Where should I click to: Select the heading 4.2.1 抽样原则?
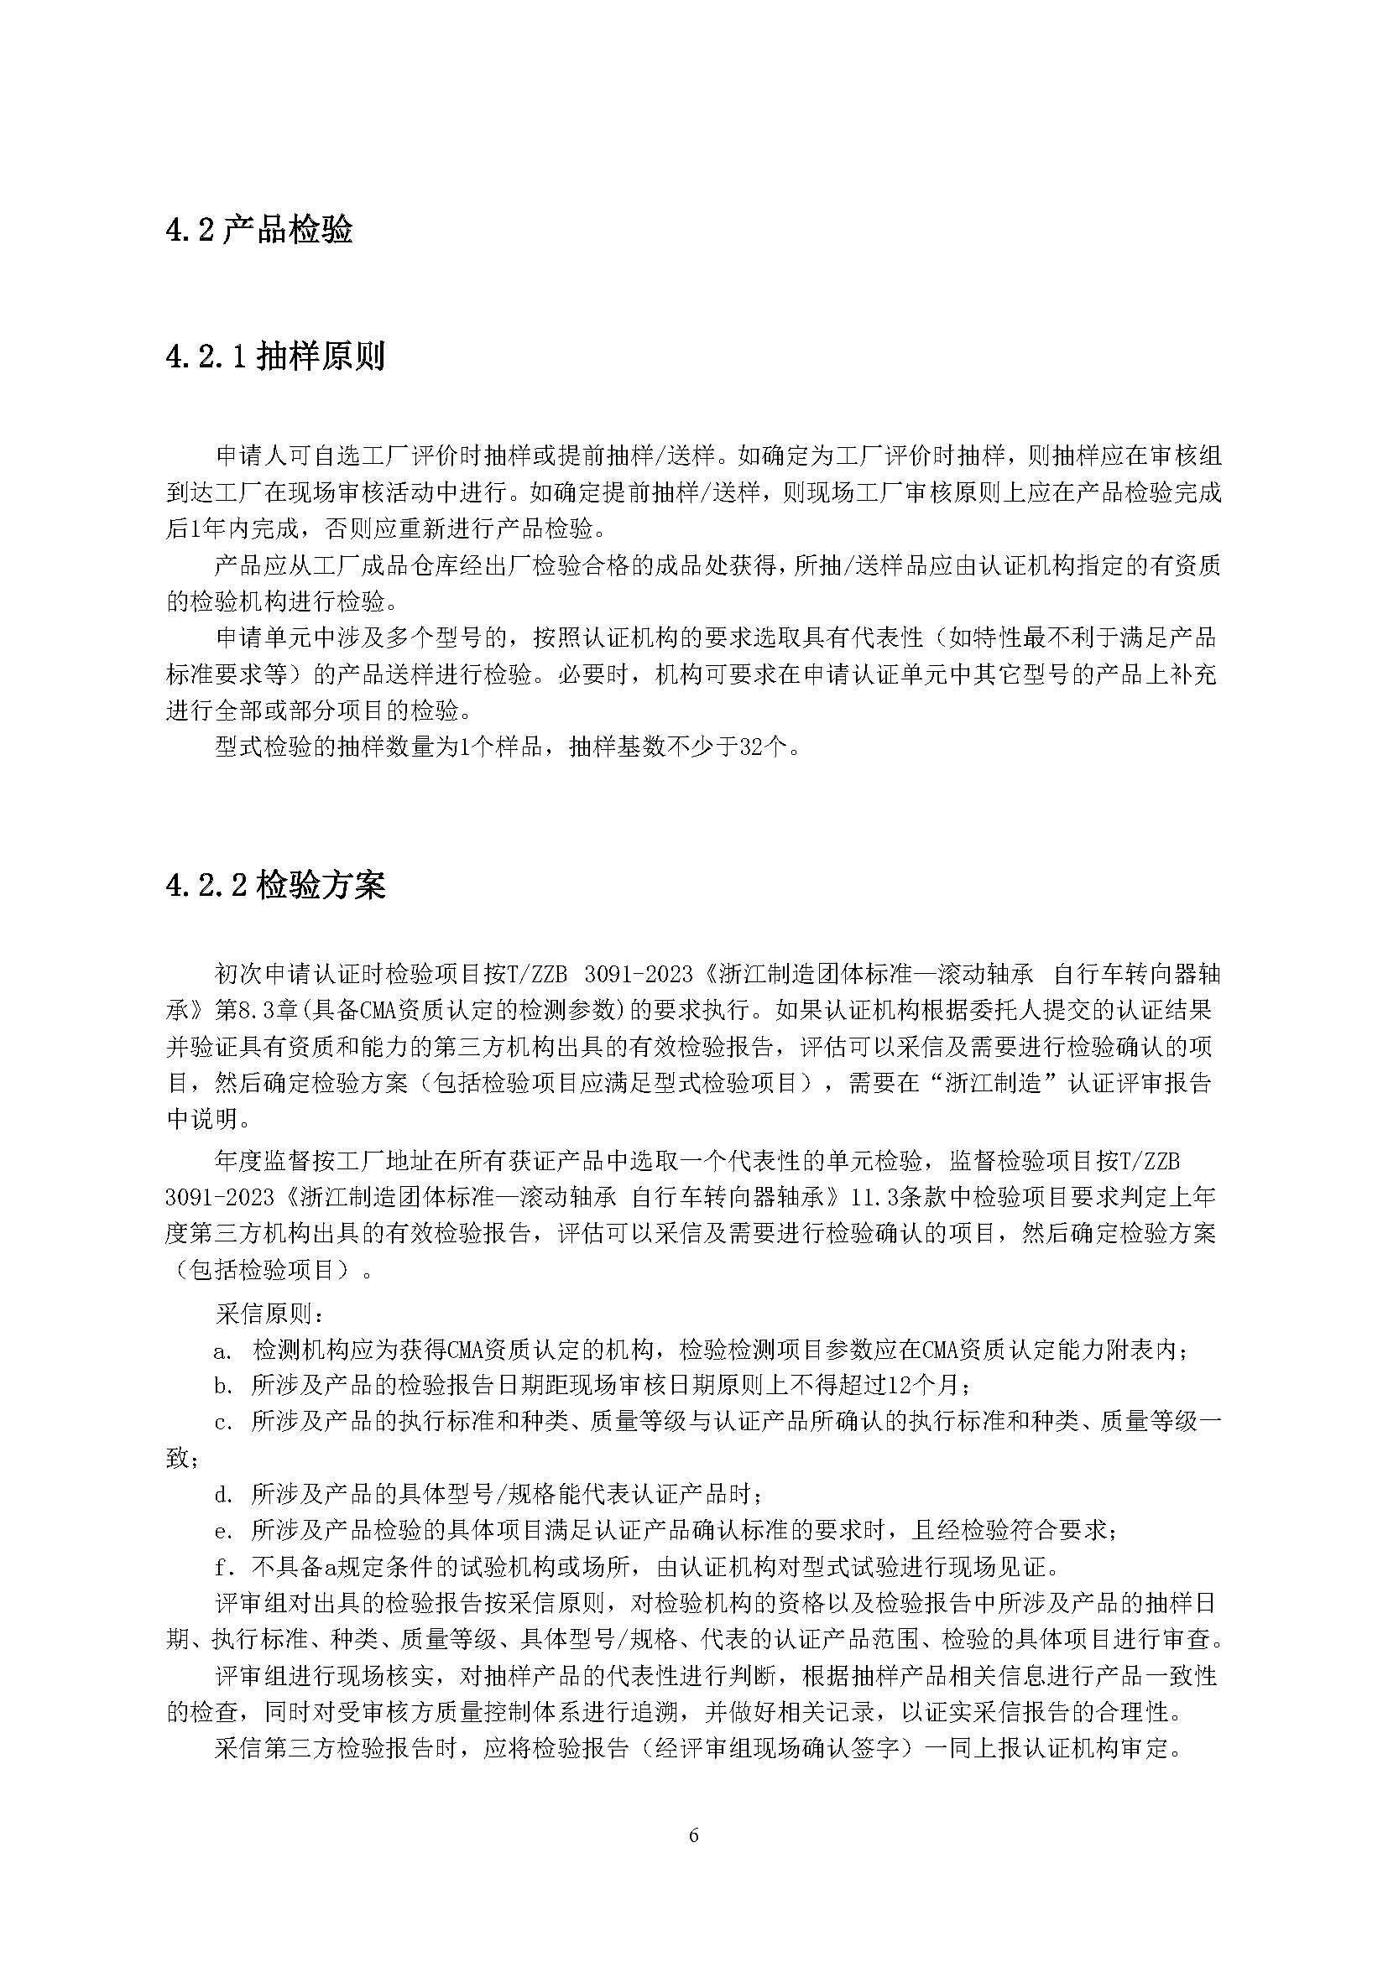point(275,356)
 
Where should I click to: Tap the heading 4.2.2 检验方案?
point(275,885)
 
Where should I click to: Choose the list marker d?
point(223,1495)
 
